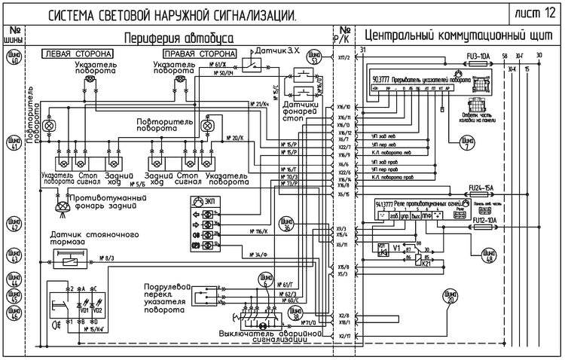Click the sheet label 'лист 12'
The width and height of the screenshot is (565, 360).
click(536, 14)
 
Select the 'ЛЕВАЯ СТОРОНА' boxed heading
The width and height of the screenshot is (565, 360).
click(78, 54)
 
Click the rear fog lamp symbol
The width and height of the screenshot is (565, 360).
click(60, 203)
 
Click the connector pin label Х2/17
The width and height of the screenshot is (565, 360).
click(344, 335)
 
